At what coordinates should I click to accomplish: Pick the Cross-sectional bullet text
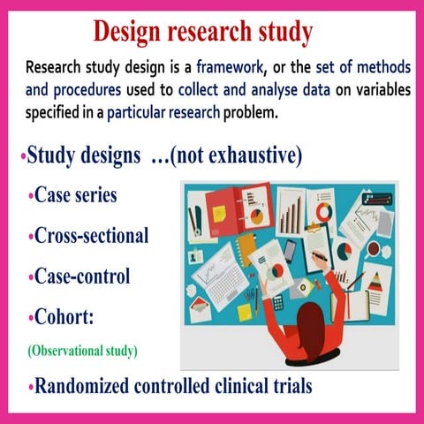coord(91,236)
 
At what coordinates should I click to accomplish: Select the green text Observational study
coord(83,351)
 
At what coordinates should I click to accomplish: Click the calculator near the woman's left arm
coord(279,300)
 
